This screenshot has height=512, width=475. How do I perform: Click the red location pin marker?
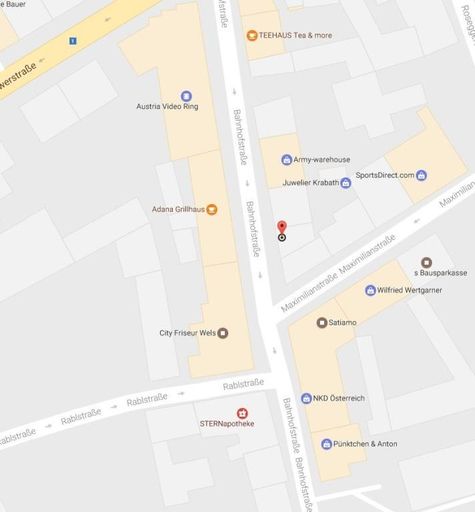pos(281,228)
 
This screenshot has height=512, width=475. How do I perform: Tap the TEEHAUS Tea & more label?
pos(295,35)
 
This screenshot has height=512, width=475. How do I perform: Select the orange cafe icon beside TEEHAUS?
pos(251,35)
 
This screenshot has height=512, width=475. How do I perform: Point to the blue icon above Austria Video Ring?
pos(186,96)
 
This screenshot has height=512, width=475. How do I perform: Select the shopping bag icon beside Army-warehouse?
pos(286,160)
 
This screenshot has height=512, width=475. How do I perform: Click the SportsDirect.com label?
pos(384,175)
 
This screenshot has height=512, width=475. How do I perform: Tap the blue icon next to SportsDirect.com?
pos(422,176)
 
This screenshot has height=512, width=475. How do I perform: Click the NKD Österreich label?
pos(339,398)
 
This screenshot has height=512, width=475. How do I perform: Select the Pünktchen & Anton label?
pos(365,443)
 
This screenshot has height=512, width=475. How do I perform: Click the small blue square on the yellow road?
pos(73,41)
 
